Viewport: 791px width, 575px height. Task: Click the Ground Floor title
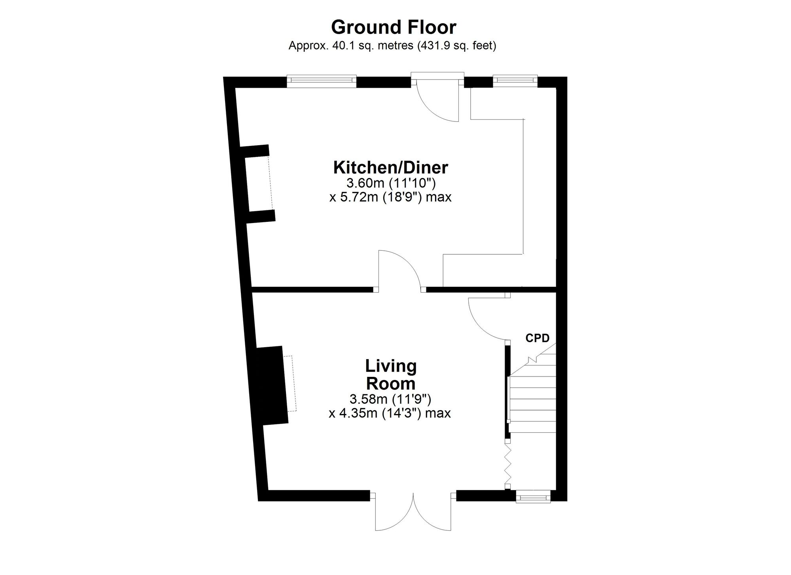pos(394,28)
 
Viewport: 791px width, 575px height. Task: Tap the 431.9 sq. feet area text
pos(455,46)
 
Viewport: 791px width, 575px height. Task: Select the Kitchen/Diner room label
pos(391,167)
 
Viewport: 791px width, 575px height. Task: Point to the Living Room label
pos(391,375)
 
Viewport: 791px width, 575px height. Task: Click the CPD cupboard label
pos(537,338)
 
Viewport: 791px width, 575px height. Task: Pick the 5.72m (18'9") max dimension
pos(390,197)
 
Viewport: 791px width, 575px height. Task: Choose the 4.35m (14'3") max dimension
pos(390,413)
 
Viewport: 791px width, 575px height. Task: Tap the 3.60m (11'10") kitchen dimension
pos(391,183)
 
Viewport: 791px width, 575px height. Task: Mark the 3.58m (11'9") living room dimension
pos(390,399)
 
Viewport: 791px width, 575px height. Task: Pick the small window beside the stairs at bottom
pos(533,496)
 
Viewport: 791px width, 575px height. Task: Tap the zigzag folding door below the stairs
pos(508,464)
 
